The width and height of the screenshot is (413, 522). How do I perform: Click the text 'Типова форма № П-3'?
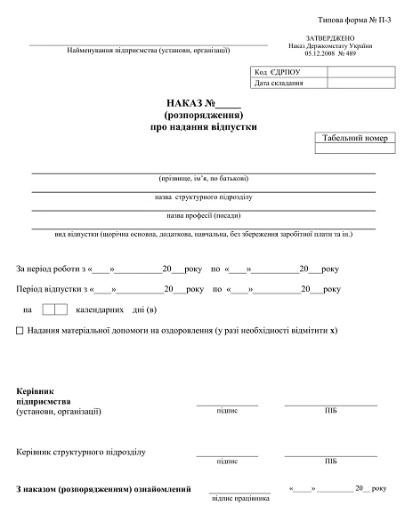tap(355, 19)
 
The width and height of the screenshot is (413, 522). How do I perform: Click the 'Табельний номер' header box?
tap(353, 139)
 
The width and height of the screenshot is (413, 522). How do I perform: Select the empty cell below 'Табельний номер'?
tap(353, 150)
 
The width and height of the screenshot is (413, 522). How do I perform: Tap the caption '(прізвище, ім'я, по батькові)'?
tap(204, 178)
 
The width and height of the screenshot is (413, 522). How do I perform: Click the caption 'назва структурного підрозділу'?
tap(204, 197)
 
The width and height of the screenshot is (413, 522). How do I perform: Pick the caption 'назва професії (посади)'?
tap(204, 215)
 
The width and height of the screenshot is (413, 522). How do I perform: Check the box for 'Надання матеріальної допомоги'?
tap(20, 330)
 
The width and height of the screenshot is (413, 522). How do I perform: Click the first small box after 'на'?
tap(49, 309)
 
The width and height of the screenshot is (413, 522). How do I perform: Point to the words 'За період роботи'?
tap(48, 269)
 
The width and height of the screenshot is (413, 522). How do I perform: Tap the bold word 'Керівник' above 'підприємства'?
tap(36, 391)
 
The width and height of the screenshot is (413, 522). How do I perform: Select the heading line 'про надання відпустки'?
tap(204, 127)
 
